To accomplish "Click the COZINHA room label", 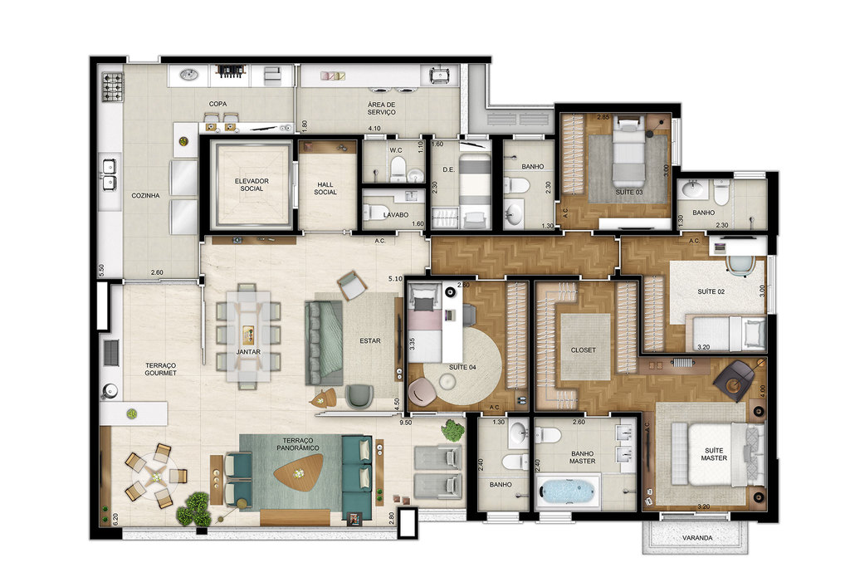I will point(145,196).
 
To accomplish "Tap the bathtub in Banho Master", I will point(568,492).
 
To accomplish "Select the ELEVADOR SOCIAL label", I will point(252,184).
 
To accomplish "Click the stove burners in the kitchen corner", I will point(111,83).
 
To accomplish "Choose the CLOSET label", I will point(583,350).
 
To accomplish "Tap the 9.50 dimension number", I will point(406,423).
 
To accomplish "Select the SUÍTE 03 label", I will point(628,192).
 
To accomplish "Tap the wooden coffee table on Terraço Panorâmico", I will point(298,475).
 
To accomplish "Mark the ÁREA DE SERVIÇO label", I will point(382,109).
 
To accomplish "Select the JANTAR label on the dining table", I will point(248,352).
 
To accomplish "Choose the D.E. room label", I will point(449,170).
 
